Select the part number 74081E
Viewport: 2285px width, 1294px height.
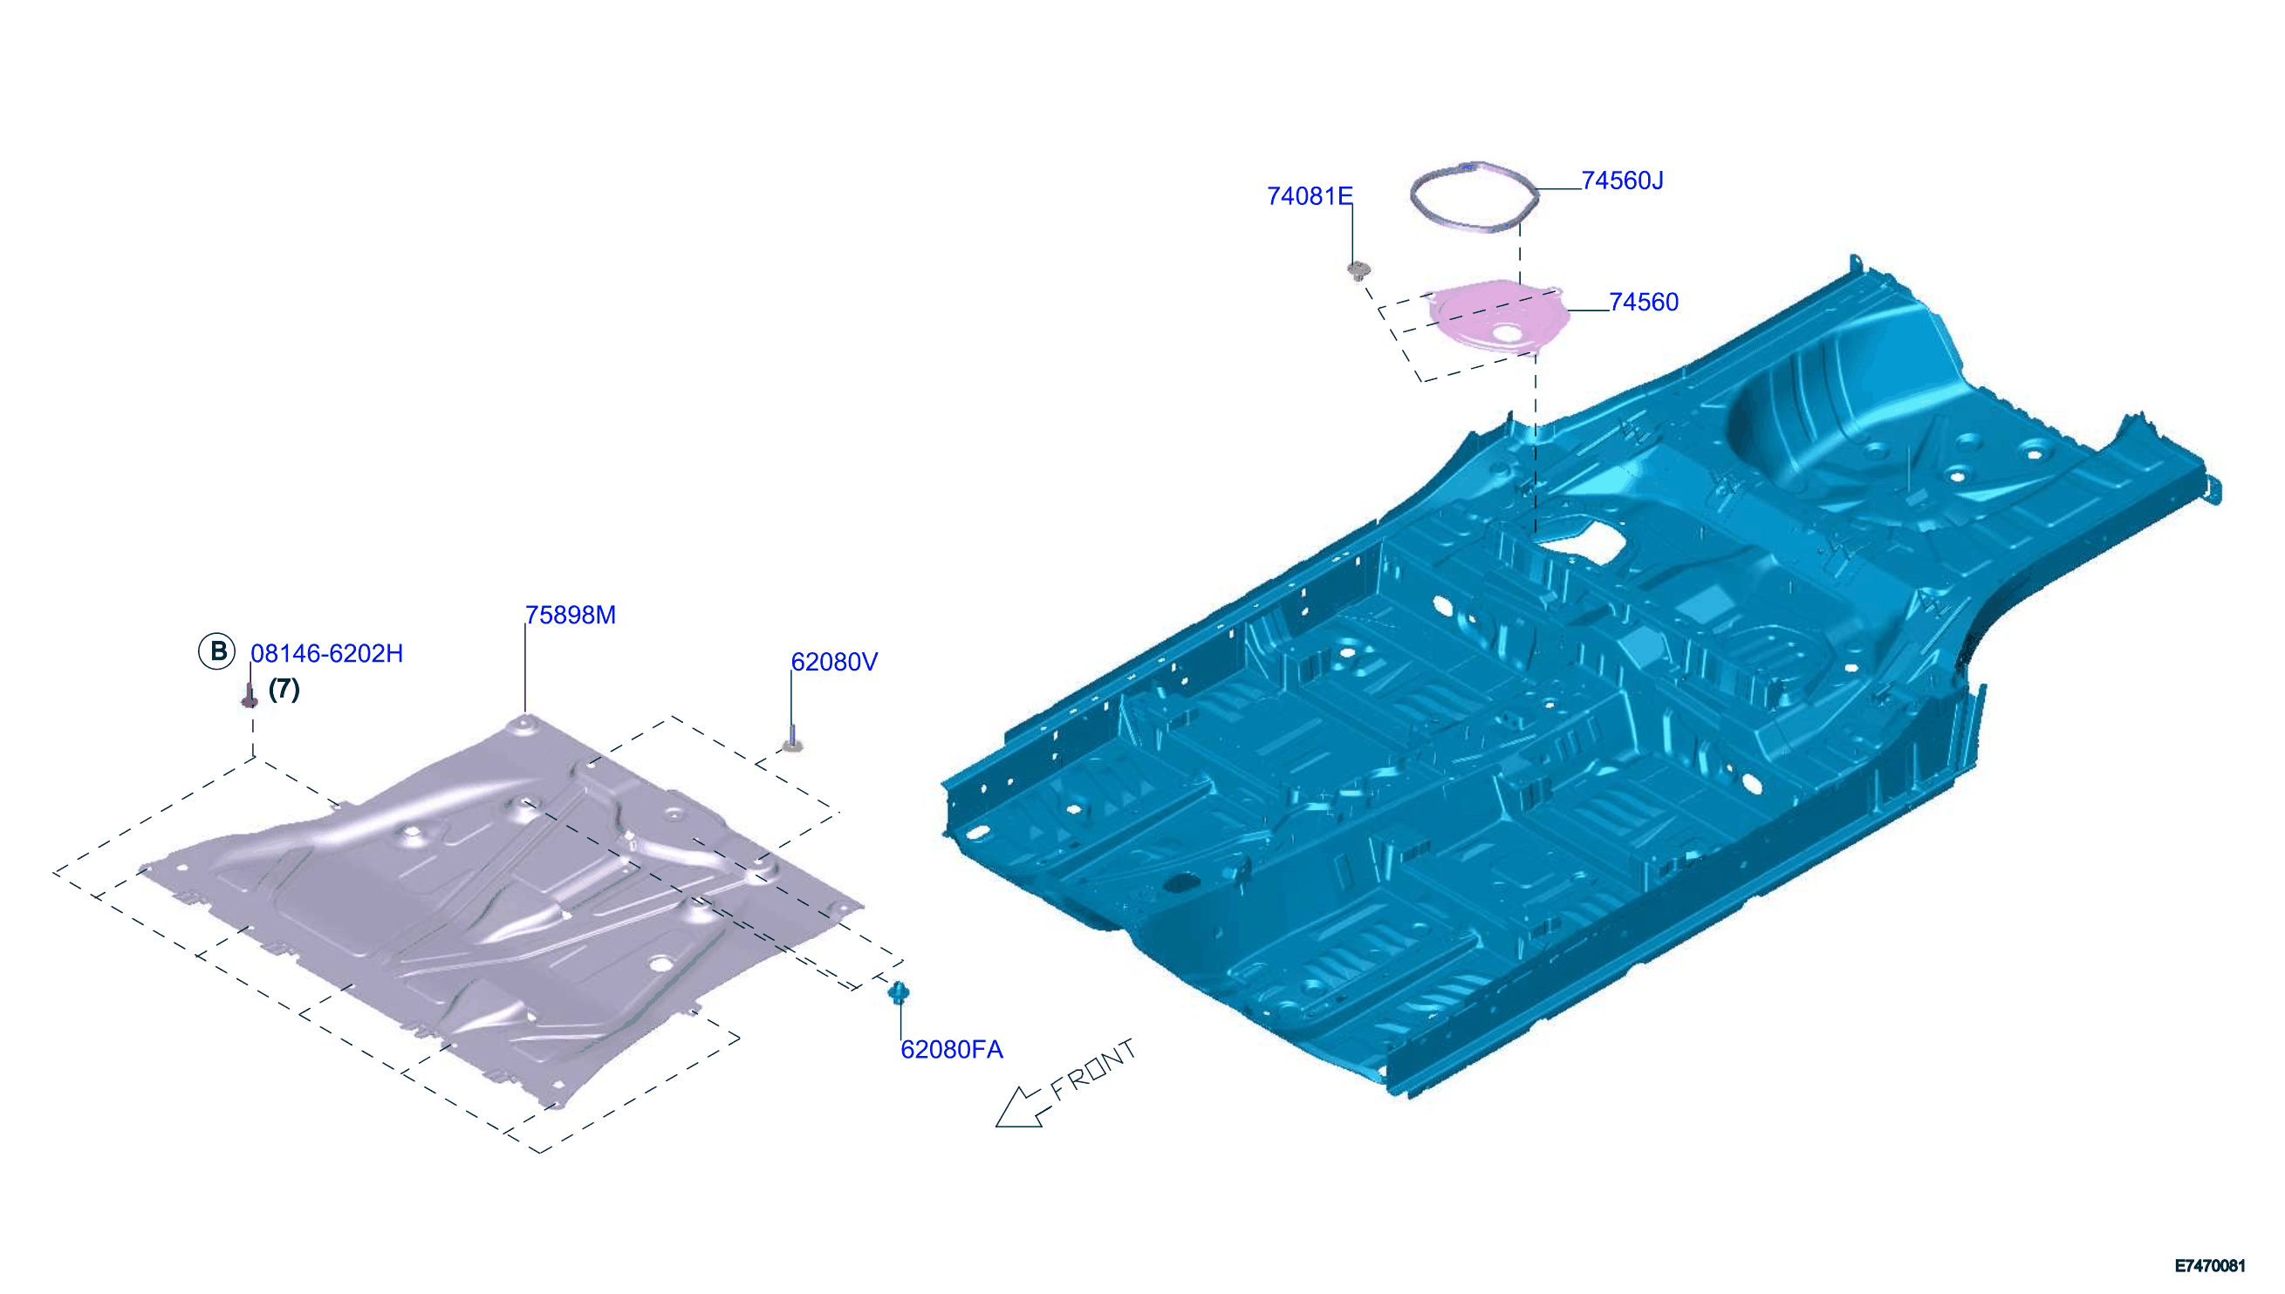(x=1309, y=196)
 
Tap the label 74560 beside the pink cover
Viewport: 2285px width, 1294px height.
(x=1643, y=303)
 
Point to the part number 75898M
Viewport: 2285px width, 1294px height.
(x=570, y=615)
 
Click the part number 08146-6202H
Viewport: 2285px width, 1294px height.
(x=326, y=653)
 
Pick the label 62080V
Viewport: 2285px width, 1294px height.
(x=834, y=662)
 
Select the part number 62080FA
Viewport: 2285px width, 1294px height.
(x=951, y=1050)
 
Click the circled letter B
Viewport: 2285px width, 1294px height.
(x=217, y=651)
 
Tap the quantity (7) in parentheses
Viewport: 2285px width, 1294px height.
(x=284, y=689)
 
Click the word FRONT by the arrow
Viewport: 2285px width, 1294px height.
(x=1092, y=1069)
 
